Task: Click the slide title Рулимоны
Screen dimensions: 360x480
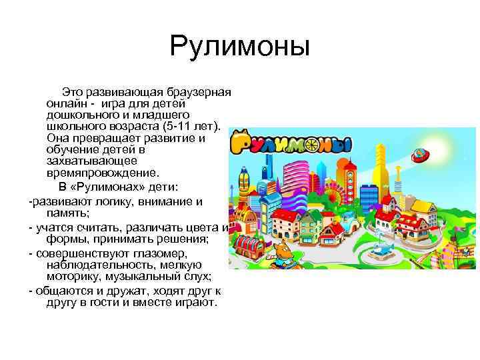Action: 240,47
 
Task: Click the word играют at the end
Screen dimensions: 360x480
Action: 194,303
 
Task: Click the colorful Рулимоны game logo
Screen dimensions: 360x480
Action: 289,142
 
